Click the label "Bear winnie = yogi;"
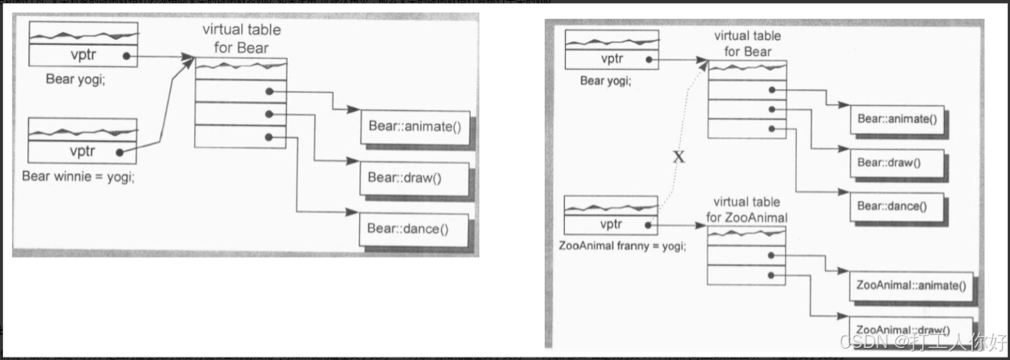point(78,176)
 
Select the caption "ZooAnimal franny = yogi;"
point(623,246)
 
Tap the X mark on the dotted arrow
point(678,157)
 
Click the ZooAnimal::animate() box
point(911,285)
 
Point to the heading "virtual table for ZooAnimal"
point(746,210)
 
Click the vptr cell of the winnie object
point(82,151)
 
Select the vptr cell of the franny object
point(611,225)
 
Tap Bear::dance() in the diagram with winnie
point(408,229)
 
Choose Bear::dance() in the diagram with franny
point(892,206)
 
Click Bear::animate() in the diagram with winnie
point(414,127)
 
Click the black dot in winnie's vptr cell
point(120,151)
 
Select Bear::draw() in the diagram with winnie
point(404,177)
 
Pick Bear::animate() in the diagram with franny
point(897,119)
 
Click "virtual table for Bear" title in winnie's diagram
point(235,39)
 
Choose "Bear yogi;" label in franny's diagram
point(605,80)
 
